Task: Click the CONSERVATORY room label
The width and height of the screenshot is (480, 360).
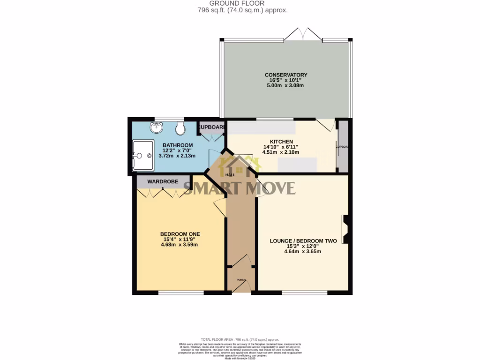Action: pos(286,75)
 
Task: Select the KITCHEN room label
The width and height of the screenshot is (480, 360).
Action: pos(281,142)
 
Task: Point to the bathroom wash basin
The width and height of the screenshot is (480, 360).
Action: pos(155,127)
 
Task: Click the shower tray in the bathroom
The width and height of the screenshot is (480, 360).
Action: pos(143,155)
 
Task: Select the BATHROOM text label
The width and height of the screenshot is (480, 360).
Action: pos(178,145)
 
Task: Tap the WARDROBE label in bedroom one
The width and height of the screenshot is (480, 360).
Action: pos(162,181)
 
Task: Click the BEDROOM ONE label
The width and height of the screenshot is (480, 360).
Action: pos(180,234)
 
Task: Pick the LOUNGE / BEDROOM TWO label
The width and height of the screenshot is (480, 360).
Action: pos(303,241)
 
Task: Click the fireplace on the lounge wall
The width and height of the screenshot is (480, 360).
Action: pos(346,229)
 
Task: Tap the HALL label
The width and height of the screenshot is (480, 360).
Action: pos(230,175)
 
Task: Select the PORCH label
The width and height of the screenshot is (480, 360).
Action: pos(241,280)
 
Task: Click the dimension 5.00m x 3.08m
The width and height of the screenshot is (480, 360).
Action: pos(286,86)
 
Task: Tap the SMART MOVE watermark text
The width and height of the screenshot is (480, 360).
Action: pos(239,188)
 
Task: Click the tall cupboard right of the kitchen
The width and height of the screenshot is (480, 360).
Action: pos(343,146)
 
